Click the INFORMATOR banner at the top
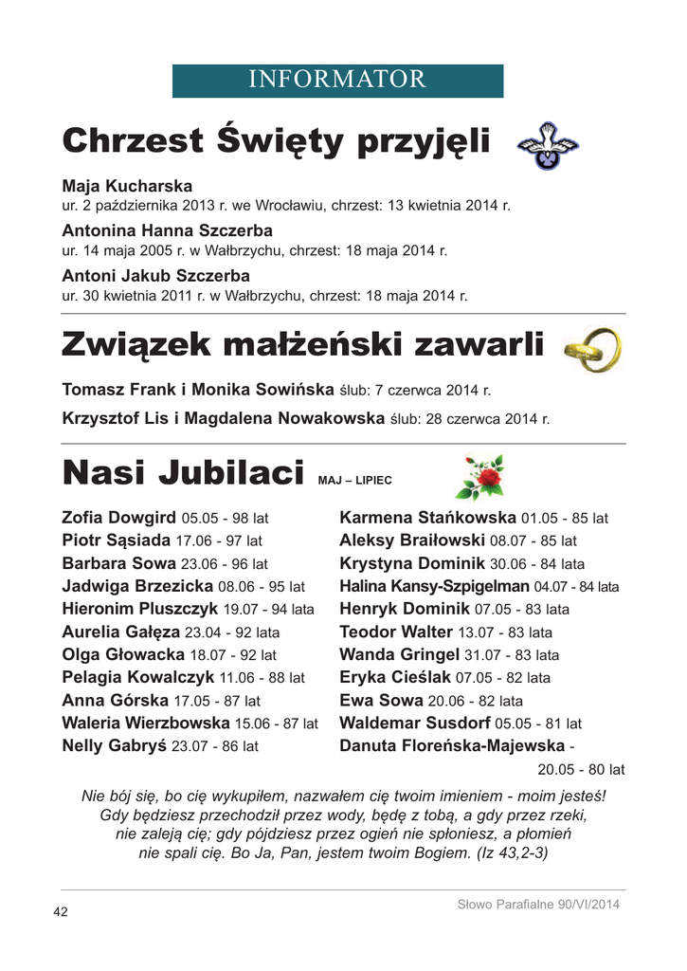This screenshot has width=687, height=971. pos(337,81)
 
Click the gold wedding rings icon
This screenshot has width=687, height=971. pos(591,348)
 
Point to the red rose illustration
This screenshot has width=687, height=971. pos(479,477)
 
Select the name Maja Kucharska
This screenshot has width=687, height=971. pos(127,186)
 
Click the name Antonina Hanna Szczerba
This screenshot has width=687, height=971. pos(167,230)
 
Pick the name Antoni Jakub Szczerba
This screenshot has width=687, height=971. pos(155,276)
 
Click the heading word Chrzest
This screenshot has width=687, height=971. pos(132,143)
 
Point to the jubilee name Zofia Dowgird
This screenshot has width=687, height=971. pos(118,518)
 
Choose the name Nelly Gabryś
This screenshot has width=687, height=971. pos(114,745)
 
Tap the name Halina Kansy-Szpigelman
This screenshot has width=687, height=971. pos(434,586)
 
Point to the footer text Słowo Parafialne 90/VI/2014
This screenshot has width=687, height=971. pos(537,905)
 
